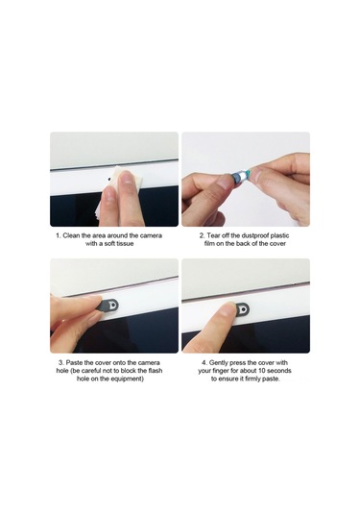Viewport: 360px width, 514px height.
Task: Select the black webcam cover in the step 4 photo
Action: (243, 309)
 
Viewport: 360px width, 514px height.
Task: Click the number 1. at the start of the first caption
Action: (58, 235)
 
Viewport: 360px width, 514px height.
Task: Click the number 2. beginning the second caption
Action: (203, 235)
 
